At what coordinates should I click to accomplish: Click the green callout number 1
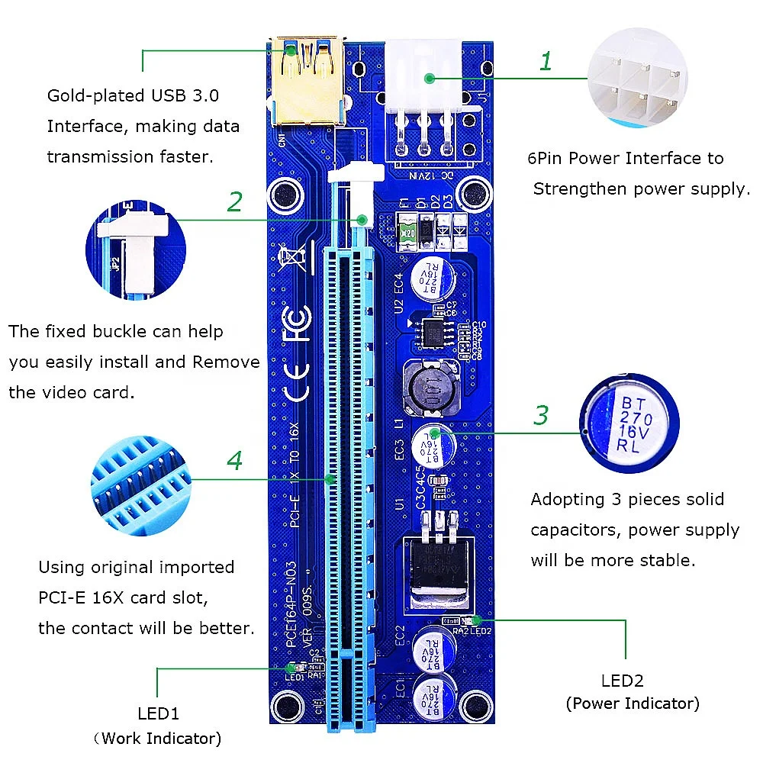[x=545, y=62]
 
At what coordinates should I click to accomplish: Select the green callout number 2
[x=235, y=202]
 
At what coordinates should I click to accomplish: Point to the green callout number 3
[x=541, y=416]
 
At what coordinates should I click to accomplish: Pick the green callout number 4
[x=235, y=461]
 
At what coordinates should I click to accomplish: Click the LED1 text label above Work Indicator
[x=158, y=714]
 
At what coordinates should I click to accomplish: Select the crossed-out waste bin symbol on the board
[x=295, y=259]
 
